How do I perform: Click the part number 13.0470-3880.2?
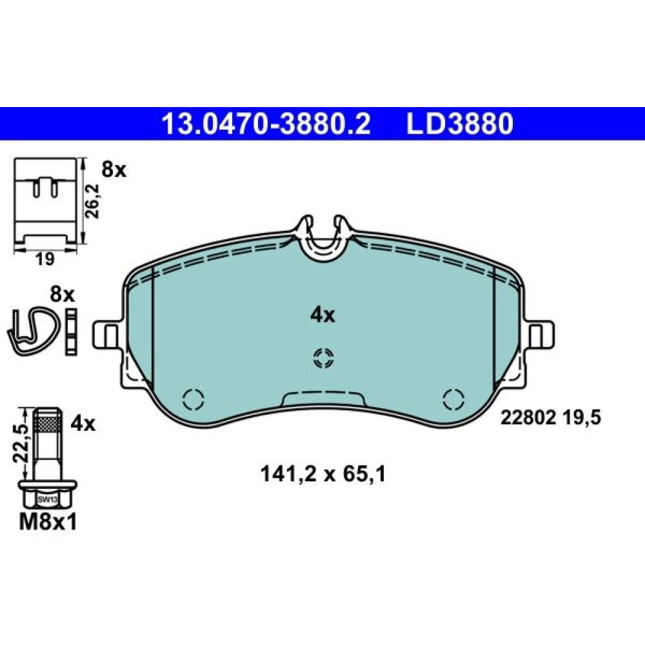pos(266,124)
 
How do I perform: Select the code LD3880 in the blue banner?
pos(460,124)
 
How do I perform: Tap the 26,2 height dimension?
pos(94,201)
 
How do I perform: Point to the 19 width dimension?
pos(45,259)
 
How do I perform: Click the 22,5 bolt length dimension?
pos(20,444)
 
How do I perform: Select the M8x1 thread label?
pos(48,523)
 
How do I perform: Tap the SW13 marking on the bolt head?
pos(47,501)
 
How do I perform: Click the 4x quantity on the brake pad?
pos(322,315)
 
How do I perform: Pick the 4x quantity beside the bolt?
pos(83,423)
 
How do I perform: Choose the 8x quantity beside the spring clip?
pos(62,295)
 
